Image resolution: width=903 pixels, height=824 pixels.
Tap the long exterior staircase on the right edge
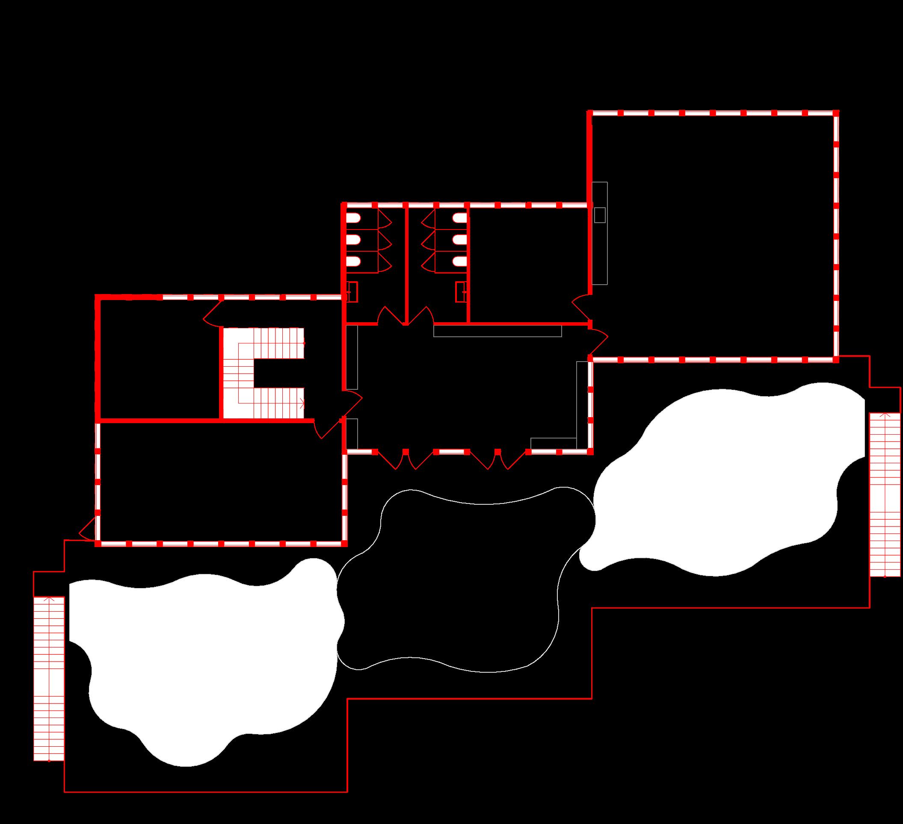[885, 494]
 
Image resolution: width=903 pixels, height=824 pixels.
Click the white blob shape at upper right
[725, 483]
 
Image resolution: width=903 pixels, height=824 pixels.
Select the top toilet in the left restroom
[353, 219]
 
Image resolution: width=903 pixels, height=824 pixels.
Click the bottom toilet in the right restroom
[459, 262]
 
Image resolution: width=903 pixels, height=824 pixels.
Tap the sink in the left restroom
[352, 292]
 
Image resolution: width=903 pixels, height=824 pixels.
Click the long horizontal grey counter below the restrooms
[497, 331]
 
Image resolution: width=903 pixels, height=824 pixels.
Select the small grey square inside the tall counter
[599, 215]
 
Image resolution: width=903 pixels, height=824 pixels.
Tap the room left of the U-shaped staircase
[159, 358]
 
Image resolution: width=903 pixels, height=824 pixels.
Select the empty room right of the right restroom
[529, 264]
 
